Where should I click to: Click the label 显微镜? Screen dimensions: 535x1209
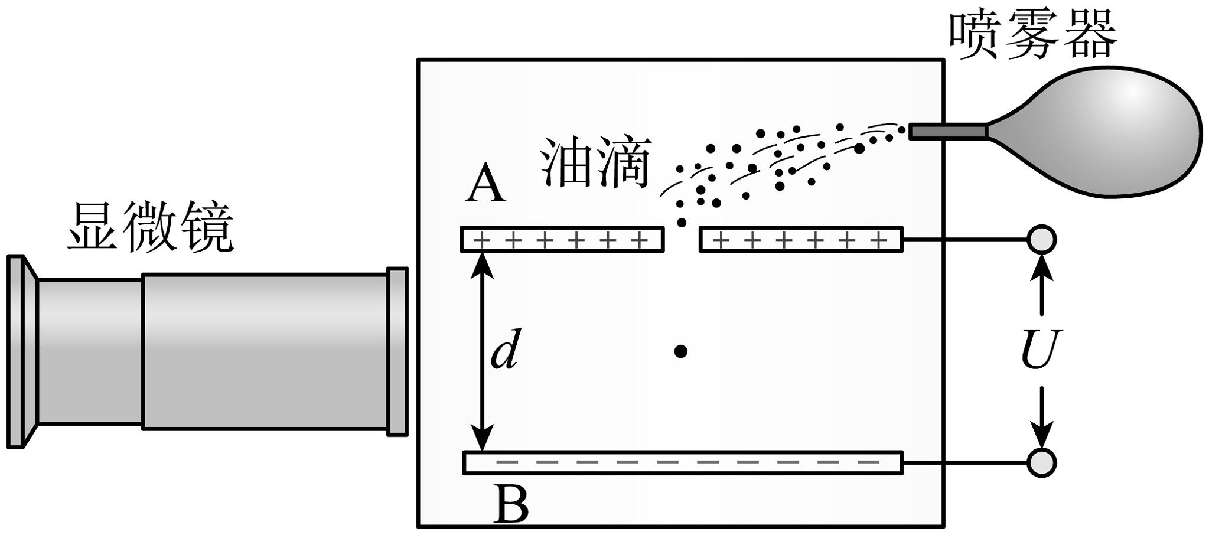tap(150, 227)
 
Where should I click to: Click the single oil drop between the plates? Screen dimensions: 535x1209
tap(680, 352)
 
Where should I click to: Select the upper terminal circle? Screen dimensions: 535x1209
tap(1041, 240)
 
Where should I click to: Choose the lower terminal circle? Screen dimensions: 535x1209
tap(1041, 462)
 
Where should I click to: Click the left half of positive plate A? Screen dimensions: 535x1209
tap(562, 240)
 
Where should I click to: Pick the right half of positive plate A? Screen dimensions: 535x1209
tap(801, 240)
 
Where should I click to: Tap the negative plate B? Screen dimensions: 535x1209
tap(683, 462)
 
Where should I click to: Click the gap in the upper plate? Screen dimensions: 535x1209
tap(682, 240)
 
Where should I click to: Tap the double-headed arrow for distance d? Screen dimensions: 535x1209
tap(484, 351)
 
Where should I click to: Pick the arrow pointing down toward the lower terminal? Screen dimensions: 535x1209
tap(1041, 416)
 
